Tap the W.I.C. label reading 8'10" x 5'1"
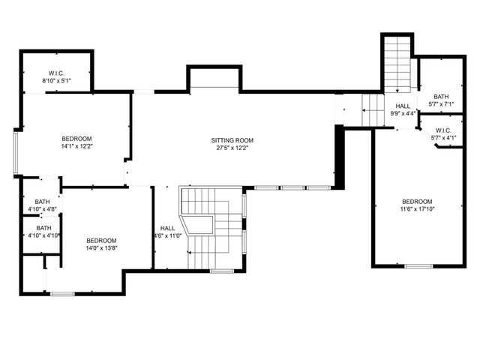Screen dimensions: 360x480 [x=55, y=73]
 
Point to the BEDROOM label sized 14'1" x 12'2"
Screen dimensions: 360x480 [x=76, y=139]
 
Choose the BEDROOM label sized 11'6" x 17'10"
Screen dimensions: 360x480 [x=417, y=202]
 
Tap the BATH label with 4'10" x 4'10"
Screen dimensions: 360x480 [x=44, y=228]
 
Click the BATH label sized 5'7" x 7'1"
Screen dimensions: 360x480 [x=440, y=96]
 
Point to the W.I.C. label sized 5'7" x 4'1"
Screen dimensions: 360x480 [x=442, y=130]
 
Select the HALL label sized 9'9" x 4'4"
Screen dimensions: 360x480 [x=403, y=106]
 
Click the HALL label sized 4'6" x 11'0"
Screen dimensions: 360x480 [x=167, y=228]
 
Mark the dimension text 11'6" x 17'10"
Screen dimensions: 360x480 [x=417, y=209]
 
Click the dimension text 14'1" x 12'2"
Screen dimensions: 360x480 [x=76, y=147]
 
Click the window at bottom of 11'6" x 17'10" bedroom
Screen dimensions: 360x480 [x=418, y=265]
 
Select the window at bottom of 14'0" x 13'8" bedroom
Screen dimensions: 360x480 [x=62, y=294]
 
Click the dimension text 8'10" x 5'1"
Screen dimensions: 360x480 [x=55, y=80]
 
